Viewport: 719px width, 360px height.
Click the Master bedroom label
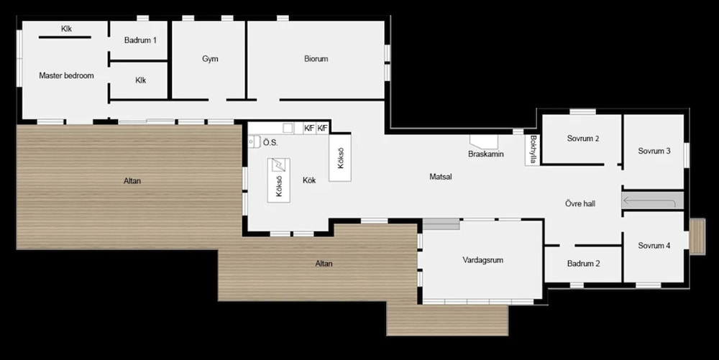tap(66, 75)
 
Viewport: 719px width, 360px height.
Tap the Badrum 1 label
tap(140, 40)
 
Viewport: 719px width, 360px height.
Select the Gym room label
tap(210, 59)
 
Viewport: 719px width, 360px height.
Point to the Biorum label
tap(316, 59)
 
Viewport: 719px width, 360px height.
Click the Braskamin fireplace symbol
tap(483, 141)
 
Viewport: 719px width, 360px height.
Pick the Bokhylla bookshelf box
tap(532, 149)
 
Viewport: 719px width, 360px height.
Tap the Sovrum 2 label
tap(583, 138)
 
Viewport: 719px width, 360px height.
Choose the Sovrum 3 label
tap(654, 151)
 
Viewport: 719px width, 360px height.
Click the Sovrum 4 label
tap(654, 246)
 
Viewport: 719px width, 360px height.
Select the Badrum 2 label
tap(583, 264)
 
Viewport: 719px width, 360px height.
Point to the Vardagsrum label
tap(483, 260)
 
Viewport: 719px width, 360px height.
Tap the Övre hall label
tap(580, 203)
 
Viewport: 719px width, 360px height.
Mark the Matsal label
tap(441, 176)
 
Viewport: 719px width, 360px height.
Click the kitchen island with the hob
tap(279, 180)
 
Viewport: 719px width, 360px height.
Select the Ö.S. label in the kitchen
tap(270, 143)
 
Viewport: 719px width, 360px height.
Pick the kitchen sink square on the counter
tap(288, 128)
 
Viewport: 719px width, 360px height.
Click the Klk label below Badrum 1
tap(141, 80)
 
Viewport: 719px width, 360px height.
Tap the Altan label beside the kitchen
tap(132, 181)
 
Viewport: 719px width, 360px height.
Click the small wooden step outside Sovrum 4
tap(697, 236)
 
